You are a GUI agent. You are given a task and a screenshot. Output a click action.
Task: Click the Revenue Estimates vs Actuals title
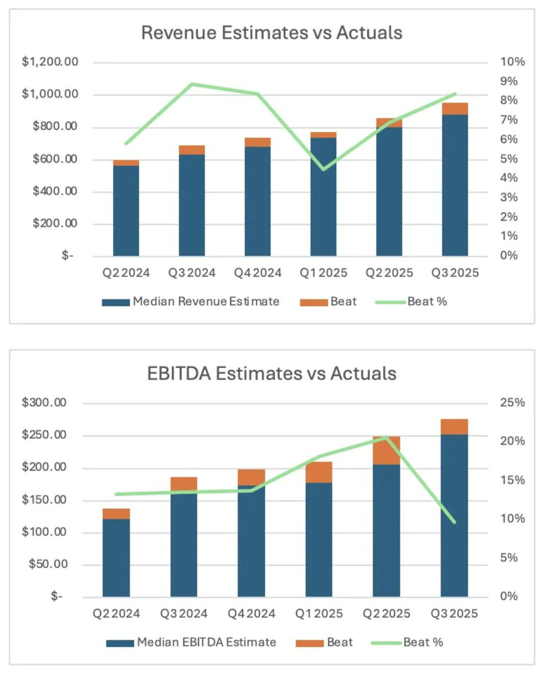click(x=271, y=33)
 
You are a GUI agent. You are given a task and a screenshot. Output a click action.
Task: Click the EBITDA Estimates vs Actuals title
click(x=272, y=374)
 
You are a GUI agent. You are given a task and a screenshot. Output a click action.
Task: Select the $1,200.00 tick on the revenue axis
click(x=50, y=62)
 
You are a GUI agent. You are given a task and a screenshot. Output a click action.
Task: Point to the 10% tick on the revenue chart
click(x=512, y=62)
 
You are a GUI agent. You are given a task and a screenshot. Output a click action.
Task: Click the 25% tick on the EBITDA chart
click(x=512, y=403)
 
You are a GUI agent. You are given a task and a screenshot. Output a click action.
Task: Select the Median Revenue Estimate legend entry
click(x=191, y=302)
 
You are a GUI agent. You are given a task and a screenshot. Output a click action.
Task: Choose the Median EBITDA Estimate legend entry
click(x=191, y=642)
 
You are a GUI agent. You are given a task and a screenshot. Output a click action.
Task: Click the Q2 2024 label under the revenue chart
click(x=126, y=274)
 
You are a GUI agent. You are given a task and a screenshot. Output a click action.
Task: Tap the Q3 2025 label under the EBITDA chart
click(x=454, y=614)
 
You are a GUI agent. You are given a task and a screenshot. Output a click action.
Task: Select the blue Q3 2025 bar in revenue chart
click(x=455, y=185)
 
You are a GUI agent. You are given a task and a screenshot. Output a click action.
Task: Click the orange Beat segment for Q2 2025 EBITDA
click(x=387, y=450)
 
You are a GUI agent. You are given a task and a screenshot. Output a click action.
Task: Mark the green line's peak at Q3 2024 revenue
click(x=192, y=84)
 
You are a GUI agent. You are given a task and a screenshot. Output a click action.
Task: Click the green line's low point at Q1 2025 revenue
click(x=324, y=169)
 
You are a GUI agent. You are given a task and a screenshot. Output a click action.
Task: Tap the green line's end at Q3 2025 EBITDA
click(x=454, y=522)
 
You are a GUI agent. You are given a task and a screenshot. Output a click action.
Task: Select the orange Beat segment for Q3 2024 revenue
click(x=192, y=150)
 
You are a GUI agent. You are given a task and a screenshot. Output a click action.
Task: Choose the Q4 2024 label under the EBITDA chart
click(x=251, y=614)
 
